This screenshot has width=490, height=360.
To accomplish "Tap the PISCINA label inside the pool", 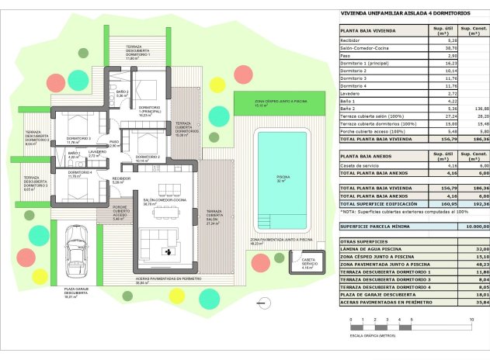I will pyautogui.click(x=282, y=179).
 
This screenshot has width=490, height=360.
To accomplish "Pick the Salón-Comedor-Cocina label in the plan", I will pyautogui.click(x=163, y=202).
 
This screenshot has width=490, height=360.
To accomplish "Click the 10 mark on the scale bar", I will pyautogui.click(x=471, y=319).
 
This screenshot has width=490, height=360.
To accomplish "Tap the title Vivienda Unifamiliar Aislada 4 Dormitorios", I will pyautogui.click(x=394, y=13).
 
